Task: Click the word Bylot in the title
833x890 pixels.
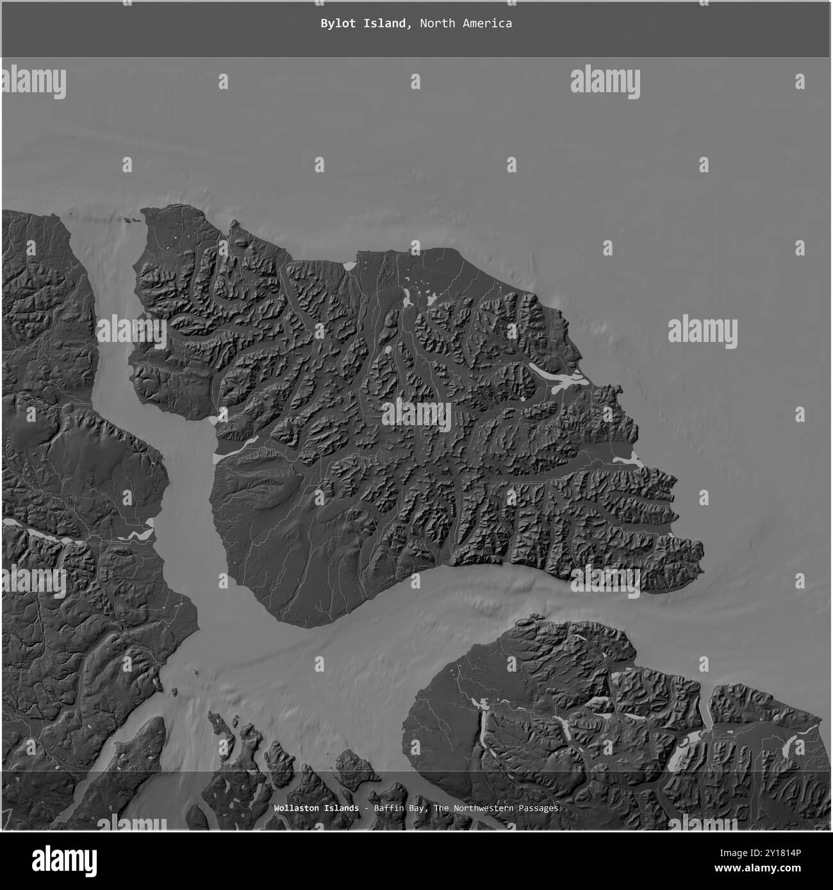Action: tap(337, 24)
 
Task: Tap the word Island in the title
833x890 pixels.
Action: tap(385, 24)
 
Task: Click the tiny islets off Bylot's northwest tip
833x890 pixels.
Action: tap(133, 220)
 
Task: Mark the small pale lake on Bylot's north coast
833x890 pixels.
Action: tap(350, 264)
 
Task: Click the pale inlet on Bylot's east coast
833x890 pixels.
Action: tap(627, 460)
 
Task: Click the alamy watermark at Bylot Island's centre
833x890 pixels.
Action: tap(416, 415)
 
